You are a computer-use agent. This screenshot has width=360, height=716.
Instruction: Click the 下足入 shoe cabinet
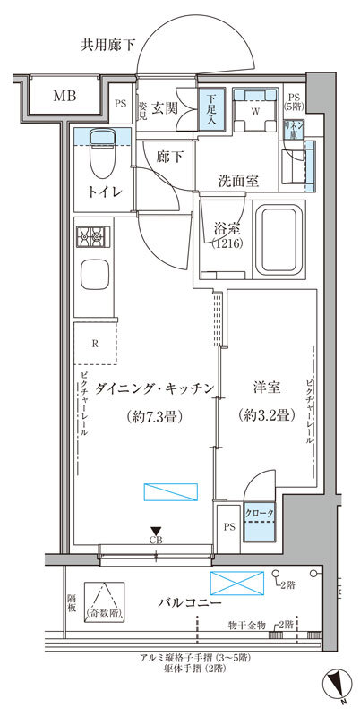(x=208, y=109)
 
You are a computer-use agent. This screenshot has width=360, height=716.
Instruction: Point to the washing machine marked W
(x=253, y=110)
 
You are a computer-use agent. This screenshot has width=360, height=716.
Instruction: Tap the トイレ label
(x=103, y=192)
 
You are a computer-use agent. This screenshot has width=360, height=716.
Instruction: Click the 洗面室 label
(x=238, y=180)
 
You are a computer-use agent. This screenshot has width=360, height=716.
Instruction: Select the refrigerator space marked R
(x=93, y=343)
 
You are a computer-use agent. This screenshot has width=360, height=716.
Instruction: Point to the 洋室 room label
(x=266, y=388)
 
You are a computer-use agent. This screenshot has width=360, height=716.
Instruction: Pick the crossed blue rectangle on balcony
(x=237, y=582)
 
